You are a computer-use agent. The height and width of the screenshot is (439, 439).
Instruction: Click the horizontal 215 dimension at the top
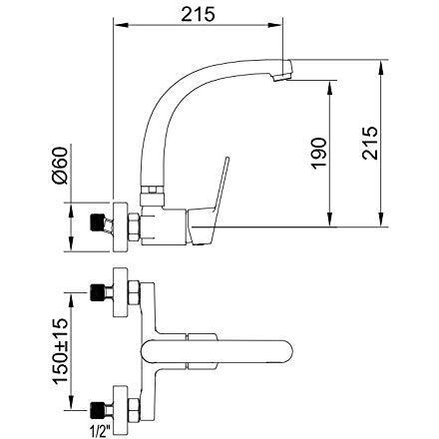(x=198, y=14)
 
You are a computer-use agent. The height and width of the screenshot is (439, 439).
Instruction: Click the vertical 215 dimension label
(x=370, y=143)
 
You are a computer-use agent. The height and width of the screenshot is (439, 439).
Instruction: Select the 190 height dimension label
(x=319, y=153)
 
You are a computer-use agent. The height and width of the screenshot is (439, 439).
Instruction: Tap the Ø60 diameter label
(x=60, y=166)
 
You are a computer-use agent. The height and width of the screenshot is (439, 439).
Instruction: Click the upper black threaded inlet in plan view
(x=98, y=292)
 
